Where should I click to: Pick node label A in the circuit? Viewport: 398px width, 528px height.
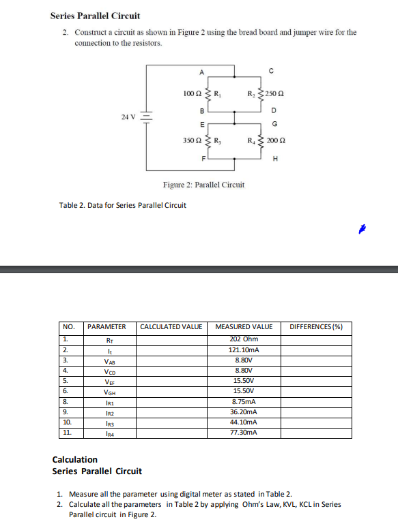pyautogui.click(x=201, y=72)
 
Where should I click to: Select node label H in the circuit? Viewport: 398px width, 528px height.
pyautogui.click(x=274, y=160)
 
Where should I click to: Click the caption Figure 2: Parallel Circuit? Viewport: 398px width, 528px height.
pyautogui.click(x=203, y=185)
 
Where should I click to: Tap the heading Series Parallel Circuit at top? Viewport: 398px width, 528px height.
pyautogui.click(x=95, y=16)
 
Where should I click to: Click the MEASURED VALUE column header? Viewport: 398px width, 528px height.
pyautogui.click(x=244, y=327)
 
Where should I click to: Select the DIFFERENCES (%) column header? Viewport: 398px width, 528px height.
pyautogui.click(x=316, y=327)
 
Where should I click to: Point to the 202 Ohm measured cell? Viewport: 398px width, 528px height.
pyautogui.click(x=244, y=339)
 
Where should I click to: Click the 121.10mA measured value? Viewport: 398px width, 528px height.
pyautogui.click(x=244, y=350)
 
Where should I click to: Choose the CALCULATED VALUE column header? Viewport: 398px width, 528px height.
pyautogui.click(x=171, y=327)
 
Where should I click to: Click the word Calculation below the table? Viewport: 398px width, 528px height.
pyautogui.click(x=75, y=460)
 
